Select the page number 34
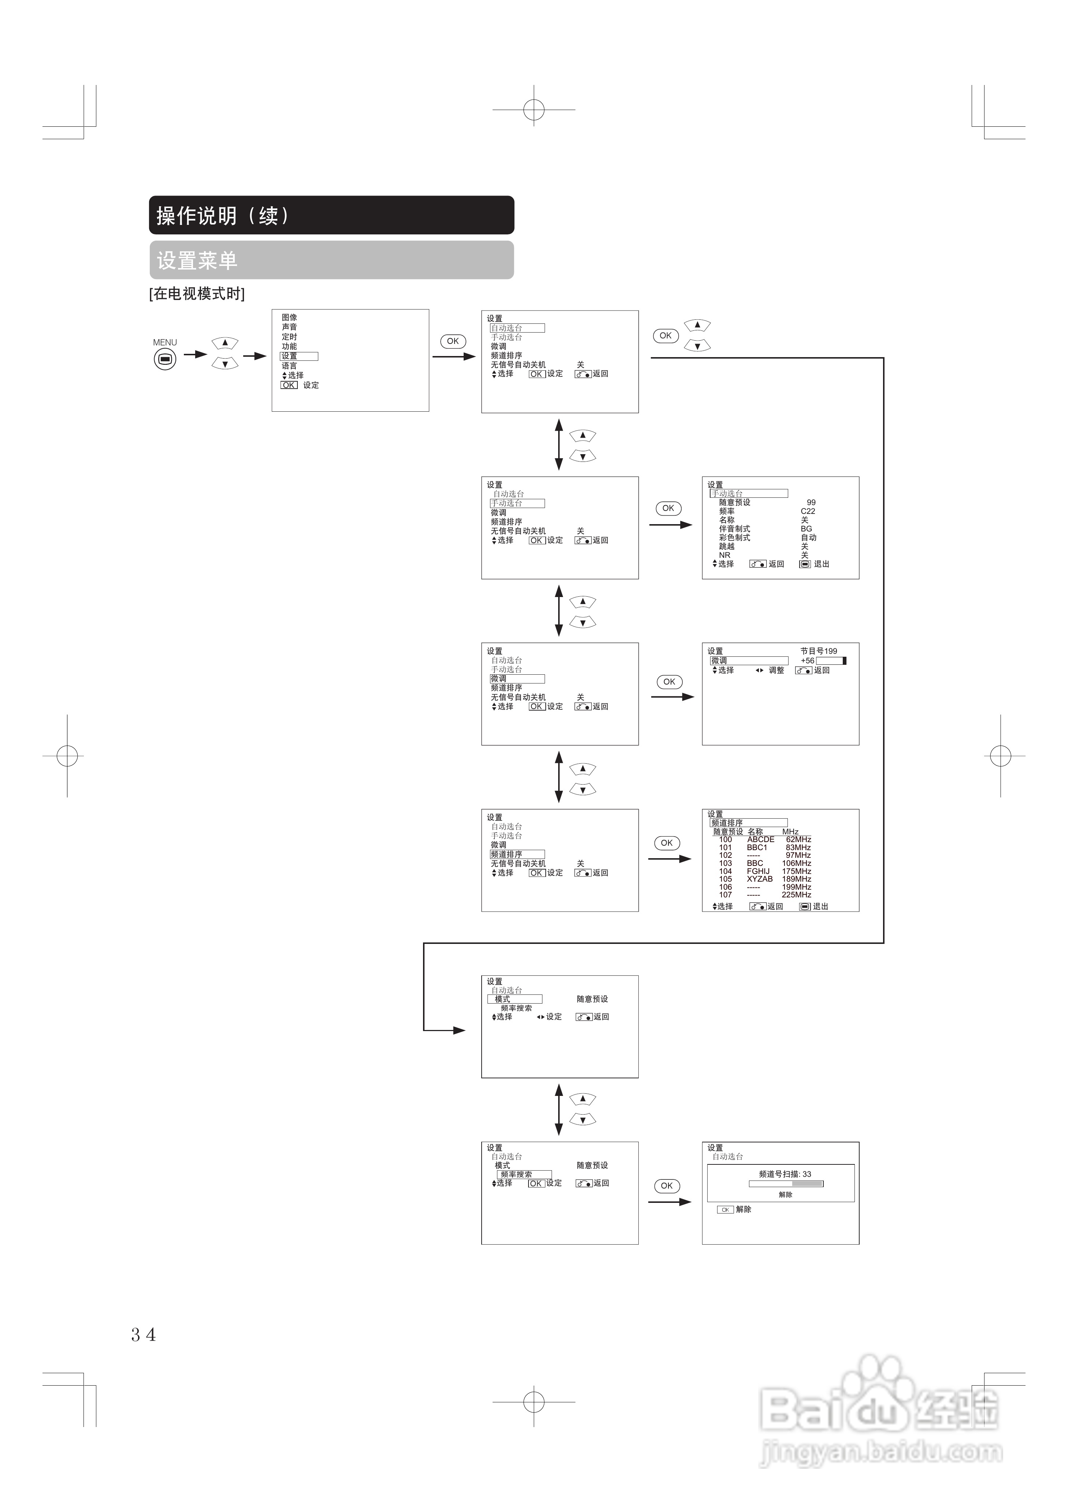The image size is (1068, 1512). (144, 1334)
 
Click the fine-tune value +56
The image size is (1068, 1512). (807, 660)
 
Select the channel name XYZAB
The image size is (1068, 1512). (759, 879)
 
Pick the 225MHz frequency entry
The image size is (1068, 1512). (796, 895)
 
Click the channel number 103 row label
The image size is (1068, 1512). (725, 863)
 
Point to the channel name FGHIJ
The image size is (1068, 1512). (758, 871)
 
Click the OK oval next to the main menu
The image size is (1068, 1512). (452, 341)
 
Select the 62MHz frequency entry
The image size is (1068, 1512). (798, 840)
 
